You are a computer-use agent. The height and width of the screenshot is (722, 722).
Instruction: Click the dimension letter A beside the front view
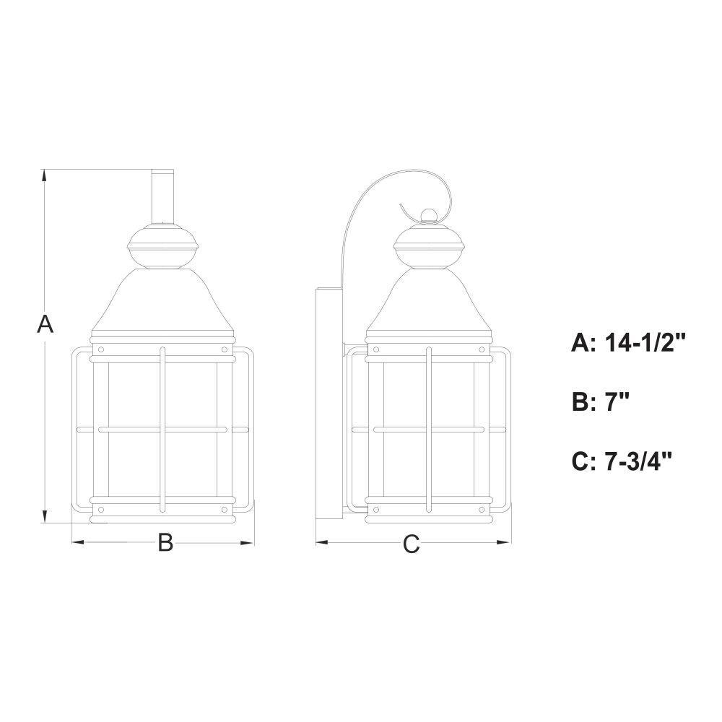point(45,323)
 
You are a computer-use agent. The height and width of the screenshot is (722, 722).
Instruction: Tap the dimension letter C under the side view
point(412,544)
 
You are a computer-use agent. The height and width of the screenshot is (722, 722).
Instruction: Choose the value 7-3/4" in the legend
point(638,461)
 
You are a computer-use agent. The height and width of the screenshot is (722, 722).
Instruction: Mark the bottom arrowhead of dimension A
point(44,517)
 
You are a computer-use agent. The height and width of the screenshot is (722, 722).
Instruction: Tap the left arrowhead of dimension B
point(77,542)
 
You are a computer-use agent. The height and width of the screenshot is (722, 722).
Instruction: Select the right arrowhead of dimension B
point(248,542)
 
